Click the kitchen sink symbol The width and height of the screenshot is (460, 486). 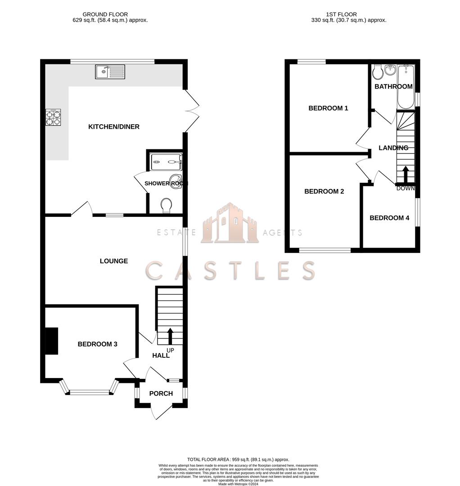[x=110, y=72]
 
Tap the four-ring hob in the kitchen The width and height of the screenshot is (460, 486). [x=53, y=117]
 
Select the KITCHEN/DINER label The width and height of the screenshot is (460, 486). [x=114, y=127]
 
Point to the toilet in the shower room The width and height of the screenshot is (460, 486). [x=166, y=205]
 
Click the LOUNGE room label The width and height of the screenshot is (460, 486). [x=114, y=261]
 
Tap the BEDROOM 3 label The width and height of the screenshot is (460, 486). [x=98, y=344]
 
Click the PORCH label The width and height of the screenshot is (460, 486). [x=161, y=393]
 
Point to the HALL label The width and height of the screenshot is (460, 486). [x=161, y=355]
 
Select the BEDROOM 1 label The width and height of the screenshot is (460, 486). [x=328, y=108]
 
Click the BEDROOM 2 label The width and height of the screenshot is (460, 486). [x=324, y=191]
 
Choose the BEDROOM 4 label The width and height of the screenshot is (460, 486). [x=389, y=218]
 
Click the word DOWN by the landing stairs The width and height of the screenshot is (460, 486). [x=405, y=189]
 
